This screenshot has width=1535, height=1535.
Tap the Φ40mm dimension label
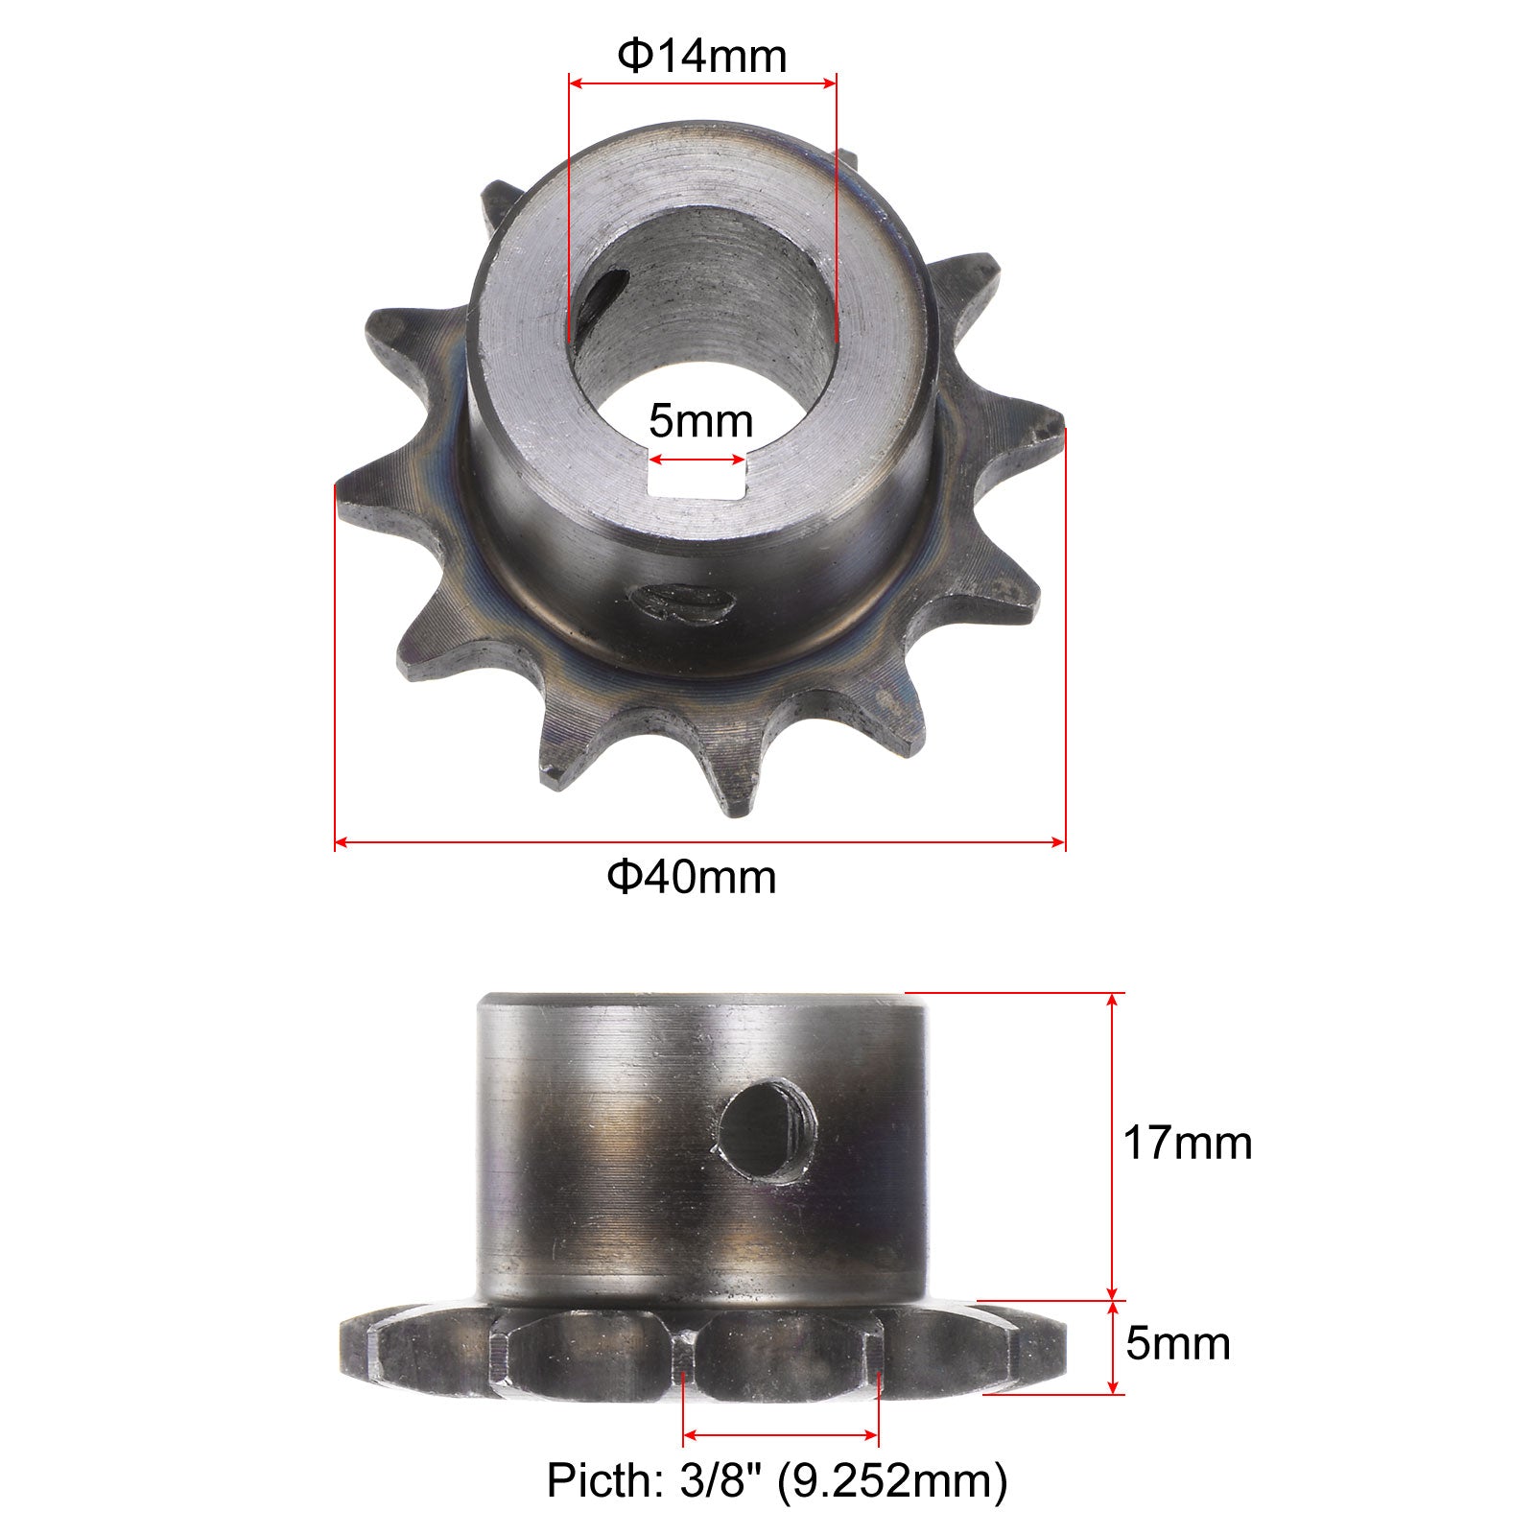[x=692, y=877]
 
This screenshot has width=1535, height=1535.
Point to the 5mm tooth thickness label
[x=1178, y=1344]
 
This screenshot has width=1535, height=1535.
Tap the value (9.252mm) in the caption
[x=892, y=1481]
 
